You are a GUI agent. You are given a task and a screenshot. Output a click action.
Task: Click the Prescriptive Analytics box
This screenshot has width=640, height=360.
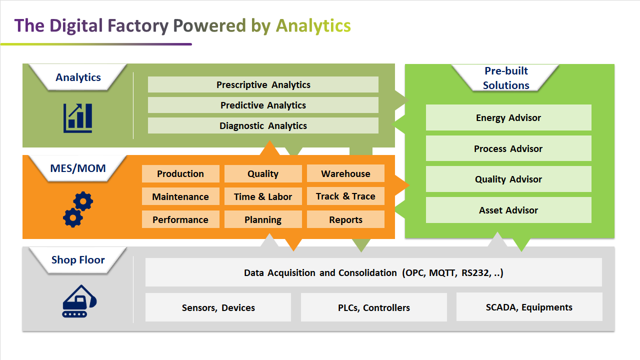(x=263, y=85)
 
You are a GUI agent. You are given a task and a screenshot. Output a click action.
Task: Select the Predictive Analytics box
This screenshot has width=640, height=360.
(x=263, y=105)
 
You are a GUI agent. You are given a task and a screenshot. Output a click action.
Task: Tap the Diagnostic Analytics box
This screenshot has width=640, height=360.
(x=263, y=126)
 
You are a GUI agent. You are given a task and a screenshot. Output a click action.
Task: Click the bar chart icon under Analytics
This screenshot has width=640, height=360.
(x=77, y=118)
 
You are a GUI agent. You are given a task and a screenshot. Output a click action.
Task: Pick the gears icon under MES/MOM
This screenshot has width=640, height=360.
(x=78, y=209)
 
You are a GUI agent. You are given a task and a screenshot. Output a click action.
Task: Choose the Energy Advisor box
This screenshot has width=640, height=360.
(x=508, y=118)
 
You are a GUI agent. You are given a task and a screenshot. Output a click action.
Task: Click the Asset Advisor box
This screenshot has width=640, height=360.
(x=508, y=210)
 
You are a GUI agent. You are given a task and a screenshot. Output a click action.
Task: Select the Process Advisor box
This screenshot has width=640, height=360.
(x=508, y=148)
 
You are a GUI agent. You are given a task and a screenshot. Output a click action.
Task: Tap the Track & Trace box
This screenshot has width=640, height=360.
(x=345, y=196)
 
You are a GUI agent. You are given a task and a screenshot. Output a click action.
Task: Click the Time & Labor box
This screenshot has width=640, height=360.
(x=263, y=196)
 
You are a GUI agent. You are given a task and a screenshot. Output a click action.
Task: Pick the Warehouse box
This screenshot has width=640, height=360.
(x=345, y=173)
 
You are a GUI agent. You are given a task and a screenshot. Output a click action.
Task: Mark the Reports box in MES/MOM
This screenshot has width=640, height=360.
(x=345, y=219)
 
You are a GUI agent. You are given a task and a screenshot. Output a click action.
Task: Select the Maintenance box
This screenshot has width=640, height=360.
(x=180, y=196)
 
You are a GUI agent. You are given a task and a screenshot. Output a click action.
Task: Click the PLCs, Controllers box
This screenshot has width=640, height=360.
(x=374, y=307)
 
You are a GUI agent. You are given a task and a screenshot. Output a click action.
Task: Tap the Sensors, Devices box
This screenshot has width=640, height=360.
(x=218, y=307)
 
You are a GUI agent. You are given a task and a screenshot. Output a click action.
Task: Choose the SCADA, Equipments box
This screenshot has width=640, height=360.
(x=529, y=307)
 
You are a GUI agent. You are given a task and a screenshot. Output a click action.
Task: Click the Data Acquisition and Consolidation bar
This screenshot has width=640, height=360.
(x=373, y=272)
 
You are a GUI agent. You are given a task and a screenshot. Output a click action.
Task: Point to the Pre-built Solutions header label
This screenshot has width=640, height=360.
(x=506, y=78)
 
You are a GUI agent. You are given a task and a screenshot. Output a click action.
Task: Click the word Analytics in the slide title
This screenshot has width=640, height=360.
(x=313, y=25)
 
